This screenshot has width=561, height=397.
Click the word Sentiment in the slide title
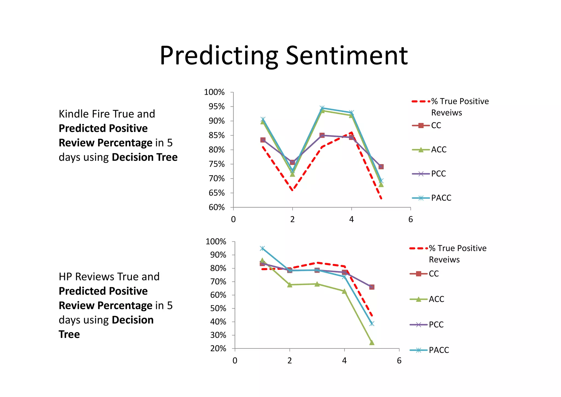coord(347,56)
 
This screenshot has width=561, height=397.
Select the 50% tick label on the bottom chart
coord(218,308)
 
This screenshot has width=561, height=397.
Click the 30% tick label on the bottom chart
coord(218,335)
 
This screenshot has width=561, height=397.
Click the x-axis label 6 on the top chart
coord(410,219)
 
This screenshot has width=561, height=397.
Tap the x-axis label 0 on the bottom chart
coord(235,361)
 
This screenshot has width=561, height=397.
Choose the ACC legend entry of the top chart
coord(439,150)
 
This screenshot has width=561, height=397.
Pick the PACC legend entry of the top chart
coord(441,198)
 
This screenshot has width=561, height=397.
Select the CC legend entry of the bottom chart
coord(434,274)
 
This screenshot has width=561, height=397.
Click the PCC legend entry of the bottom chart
coord(436,325)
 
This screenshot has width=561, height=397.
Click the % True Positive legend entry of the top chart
coord(460,102)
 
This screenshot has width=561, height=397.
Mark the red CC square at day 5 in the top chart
coord(381,167)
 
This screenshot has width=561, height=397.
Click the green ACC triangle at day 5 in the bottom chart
coord(372,342)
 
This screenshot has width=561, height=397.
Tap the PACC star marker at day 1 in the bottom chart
coord(262,248)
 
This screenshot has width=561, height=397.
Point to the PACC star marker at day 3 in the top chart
coord(322,108)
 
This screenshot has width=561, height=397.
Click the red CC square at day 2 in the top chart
coord(292,162)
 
